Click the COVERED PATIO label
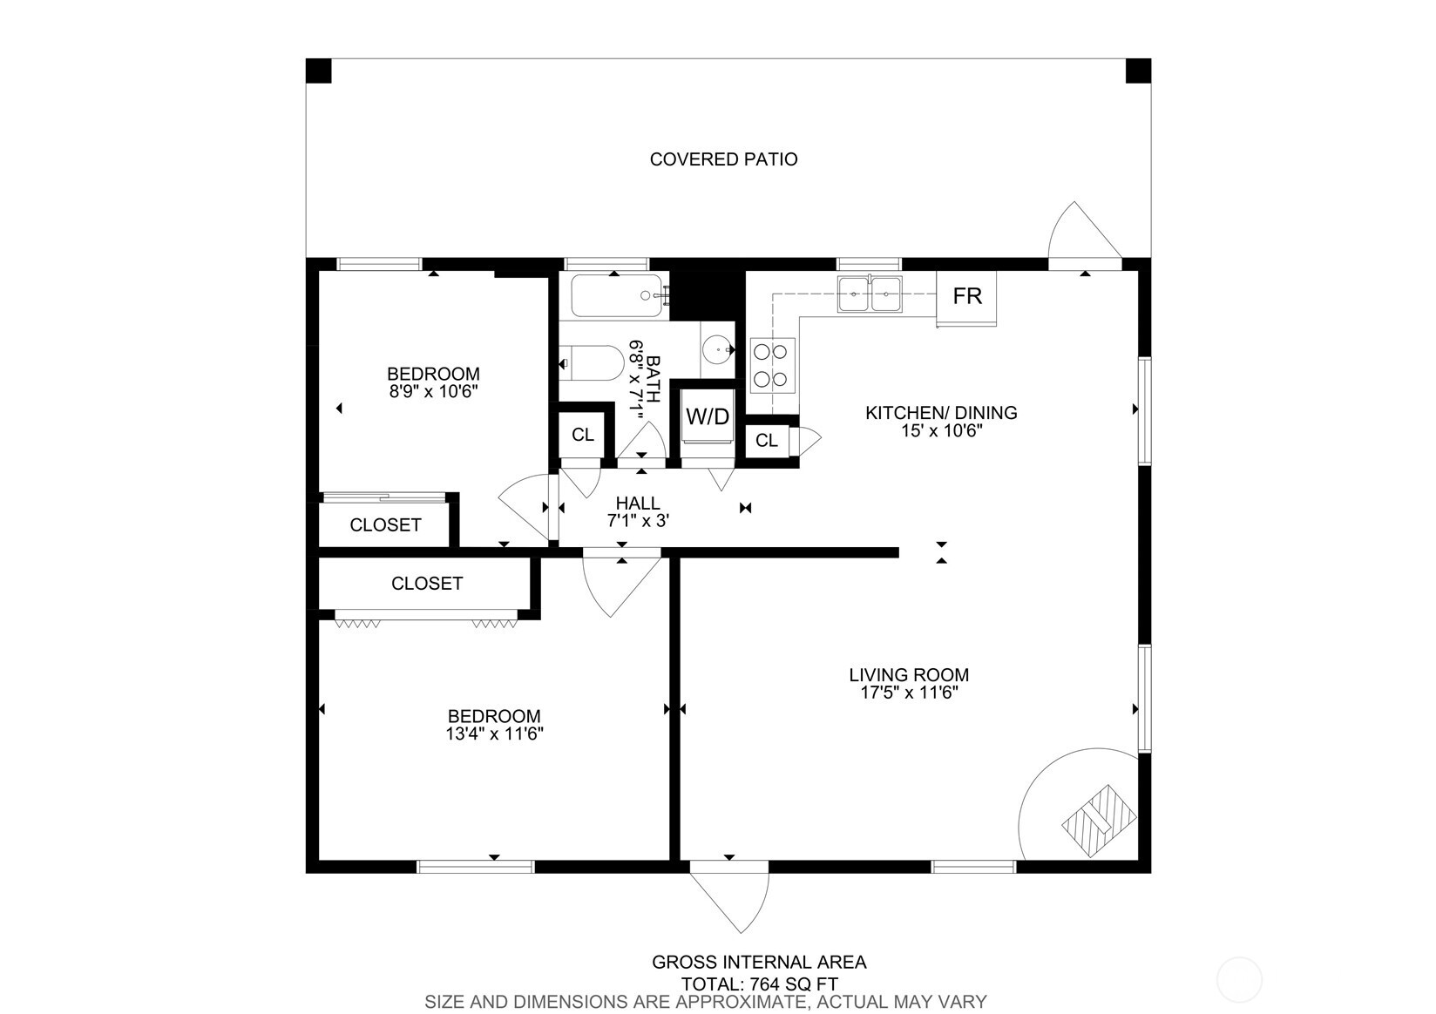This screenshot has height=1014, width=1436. pyautogui.click(x=723, y=159)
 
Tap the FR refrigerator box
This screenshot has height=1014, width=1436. pyautogui.click(x=966, y=296)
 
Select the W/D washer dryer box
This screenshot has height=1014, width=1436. pyautogui.click(x=707, y=416)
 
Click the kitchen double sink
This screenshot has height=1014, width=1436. pyautogui.click(x=869, y=294)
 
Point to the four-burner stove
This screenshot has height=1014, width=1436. pyautogui.click(x=771, y=365)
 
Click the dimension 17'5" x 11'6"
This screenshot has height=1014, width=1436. pyautogui.click(x=909, y=693)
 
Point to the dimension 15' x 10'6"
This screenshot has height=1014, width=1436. pyautogui.click(x=940, y=430)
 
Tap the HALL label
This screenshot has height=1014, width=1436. pyautogui.click(x=638, y=504)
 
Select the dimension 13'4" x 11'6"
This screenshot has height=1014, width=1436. pyautogui.click(x=494, y=734)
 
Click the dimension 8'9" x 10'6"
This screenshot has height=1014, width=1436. pyautogui.click(x=433, y=392)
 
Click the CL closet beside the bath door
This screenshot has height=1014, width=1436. pyautogui.click(x=582, y=435)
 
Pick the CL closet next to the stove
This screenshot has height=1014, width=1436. pyautogui.click(x=767, y=441)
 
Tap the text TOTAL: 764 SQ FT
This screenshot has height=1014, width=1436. pyautogui.click(x=759, y=984)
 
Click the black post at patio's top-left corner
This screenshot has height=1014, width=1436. pyautogui.click(x=319, y=71)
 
